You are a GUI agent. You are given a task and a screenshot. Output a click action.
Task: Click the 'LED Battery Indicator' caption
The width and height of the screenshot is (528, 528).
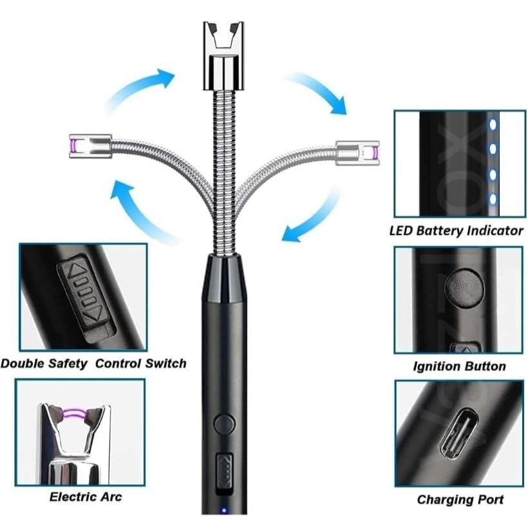tap(457, 231)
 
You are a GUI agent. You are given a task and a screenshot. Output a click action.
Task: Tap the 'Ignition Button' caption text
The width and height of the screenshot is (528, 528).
tap(459, 366)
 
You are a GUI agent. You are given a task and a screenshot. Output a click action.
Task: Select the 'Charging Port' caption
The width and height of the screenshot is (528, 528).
tap(460, 500)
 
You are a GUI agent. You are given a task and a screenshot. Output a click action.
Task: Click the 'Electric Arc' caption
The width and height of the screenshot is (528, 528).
tap(85, 496)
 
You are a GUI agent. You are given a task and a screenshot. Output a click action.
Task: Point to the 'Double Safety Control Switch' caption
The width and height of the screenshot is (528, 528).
tap(93, 363)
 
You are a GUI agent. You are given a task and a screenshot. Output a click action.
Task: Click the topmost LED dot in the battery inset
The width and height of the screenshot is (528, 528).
tap(493, 124)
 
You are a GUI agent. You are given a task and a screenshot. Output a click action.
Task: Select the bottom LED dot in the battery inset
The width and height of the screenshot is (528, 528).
tap(493, 199)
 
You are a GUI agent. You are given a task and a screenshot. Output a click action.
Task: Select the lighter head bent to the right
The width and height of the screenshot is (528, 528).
tap(358, 153)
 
